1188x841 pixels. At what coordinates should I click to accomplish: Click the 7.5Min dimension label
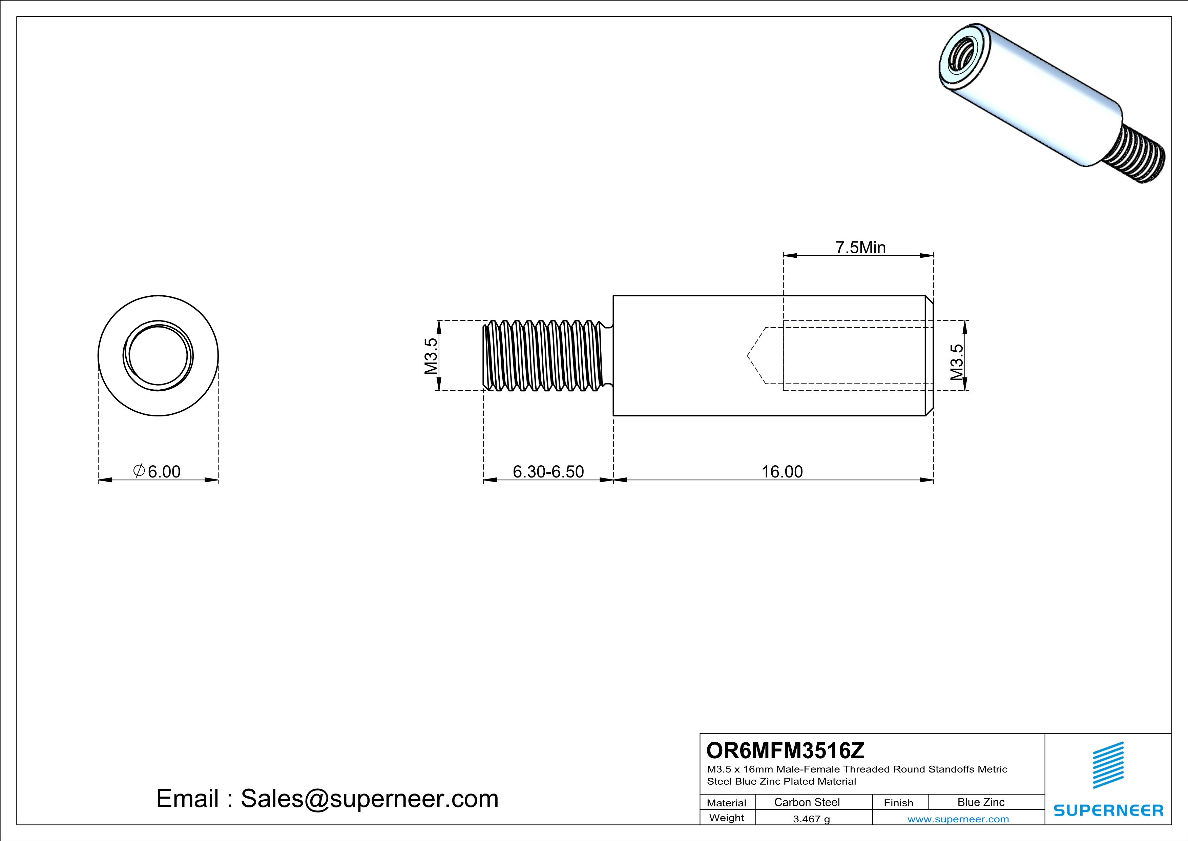point(860,248)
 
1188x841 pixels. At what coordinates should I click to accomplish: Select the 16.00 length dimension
point(782,472)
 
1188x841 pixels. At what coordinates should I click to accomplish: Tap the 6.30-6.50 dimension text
point(548,472)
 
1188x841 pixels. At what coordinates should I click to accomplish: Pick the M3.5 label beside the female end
point(957,362)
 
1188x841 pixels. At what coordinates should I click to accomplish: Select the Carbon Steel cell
point(807,802)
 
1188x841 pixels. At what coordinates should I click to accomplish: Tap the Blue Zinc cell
point(980,802)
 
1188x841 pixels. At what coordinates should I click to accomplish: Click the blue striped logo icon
point(1108,765)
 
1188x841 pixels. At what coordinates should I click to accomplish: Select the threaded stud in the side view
point(543,355)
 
